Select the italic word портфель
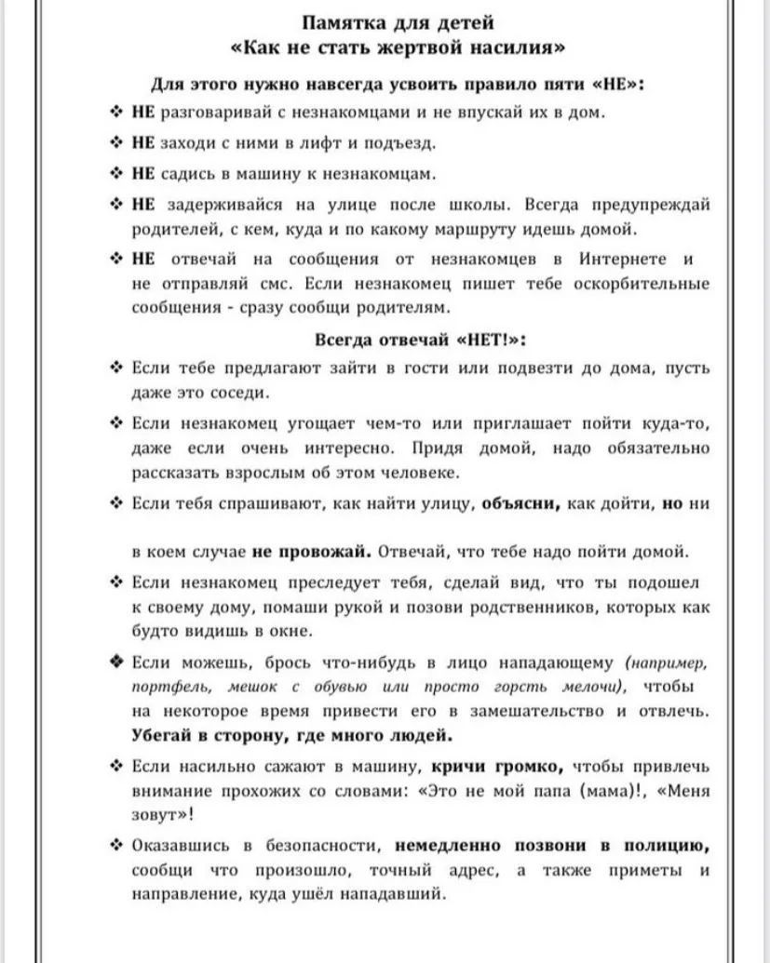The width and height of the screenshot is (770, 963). click(x=163, y=687)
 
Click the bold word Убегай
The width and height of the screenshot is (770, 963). click(x=162, y=735)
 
